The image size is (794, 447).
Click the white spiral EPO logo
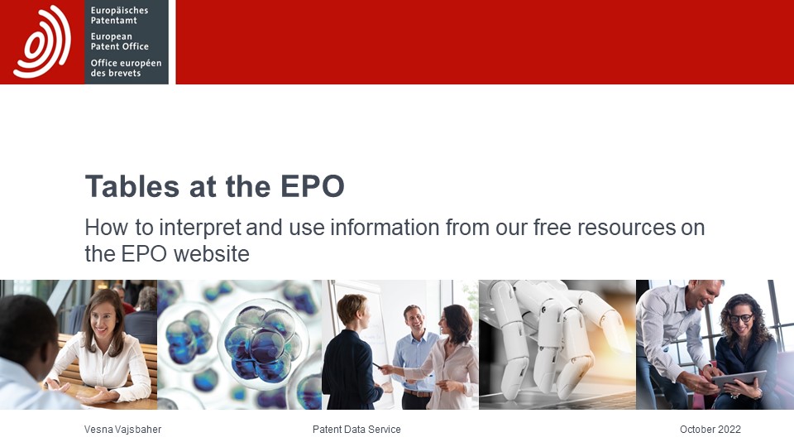click(42, 41)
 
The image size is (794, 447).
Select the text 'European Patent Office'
click(119, 41)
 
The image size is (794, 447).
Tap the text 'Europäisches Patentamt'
click(119, 15)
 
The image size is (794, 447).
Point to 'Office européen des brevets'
click(126, 68)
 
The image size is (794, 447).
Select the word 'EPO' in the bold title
click(313, 186)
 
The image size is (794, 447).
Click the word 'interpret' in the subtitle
click(200, 228)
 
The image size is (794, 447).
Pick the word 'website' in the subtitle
click(212, 253)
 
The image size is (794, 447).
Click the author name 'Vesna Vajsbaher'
click(122, 430)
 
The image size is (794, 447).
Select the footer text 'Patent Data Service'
click(356, 430)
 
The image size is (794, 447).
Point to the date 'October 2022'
click(710, 430)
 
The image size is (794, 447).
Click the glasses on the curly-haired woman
click(741, 318)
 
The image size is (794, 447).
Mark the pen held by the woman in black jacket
click(377, 365)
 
